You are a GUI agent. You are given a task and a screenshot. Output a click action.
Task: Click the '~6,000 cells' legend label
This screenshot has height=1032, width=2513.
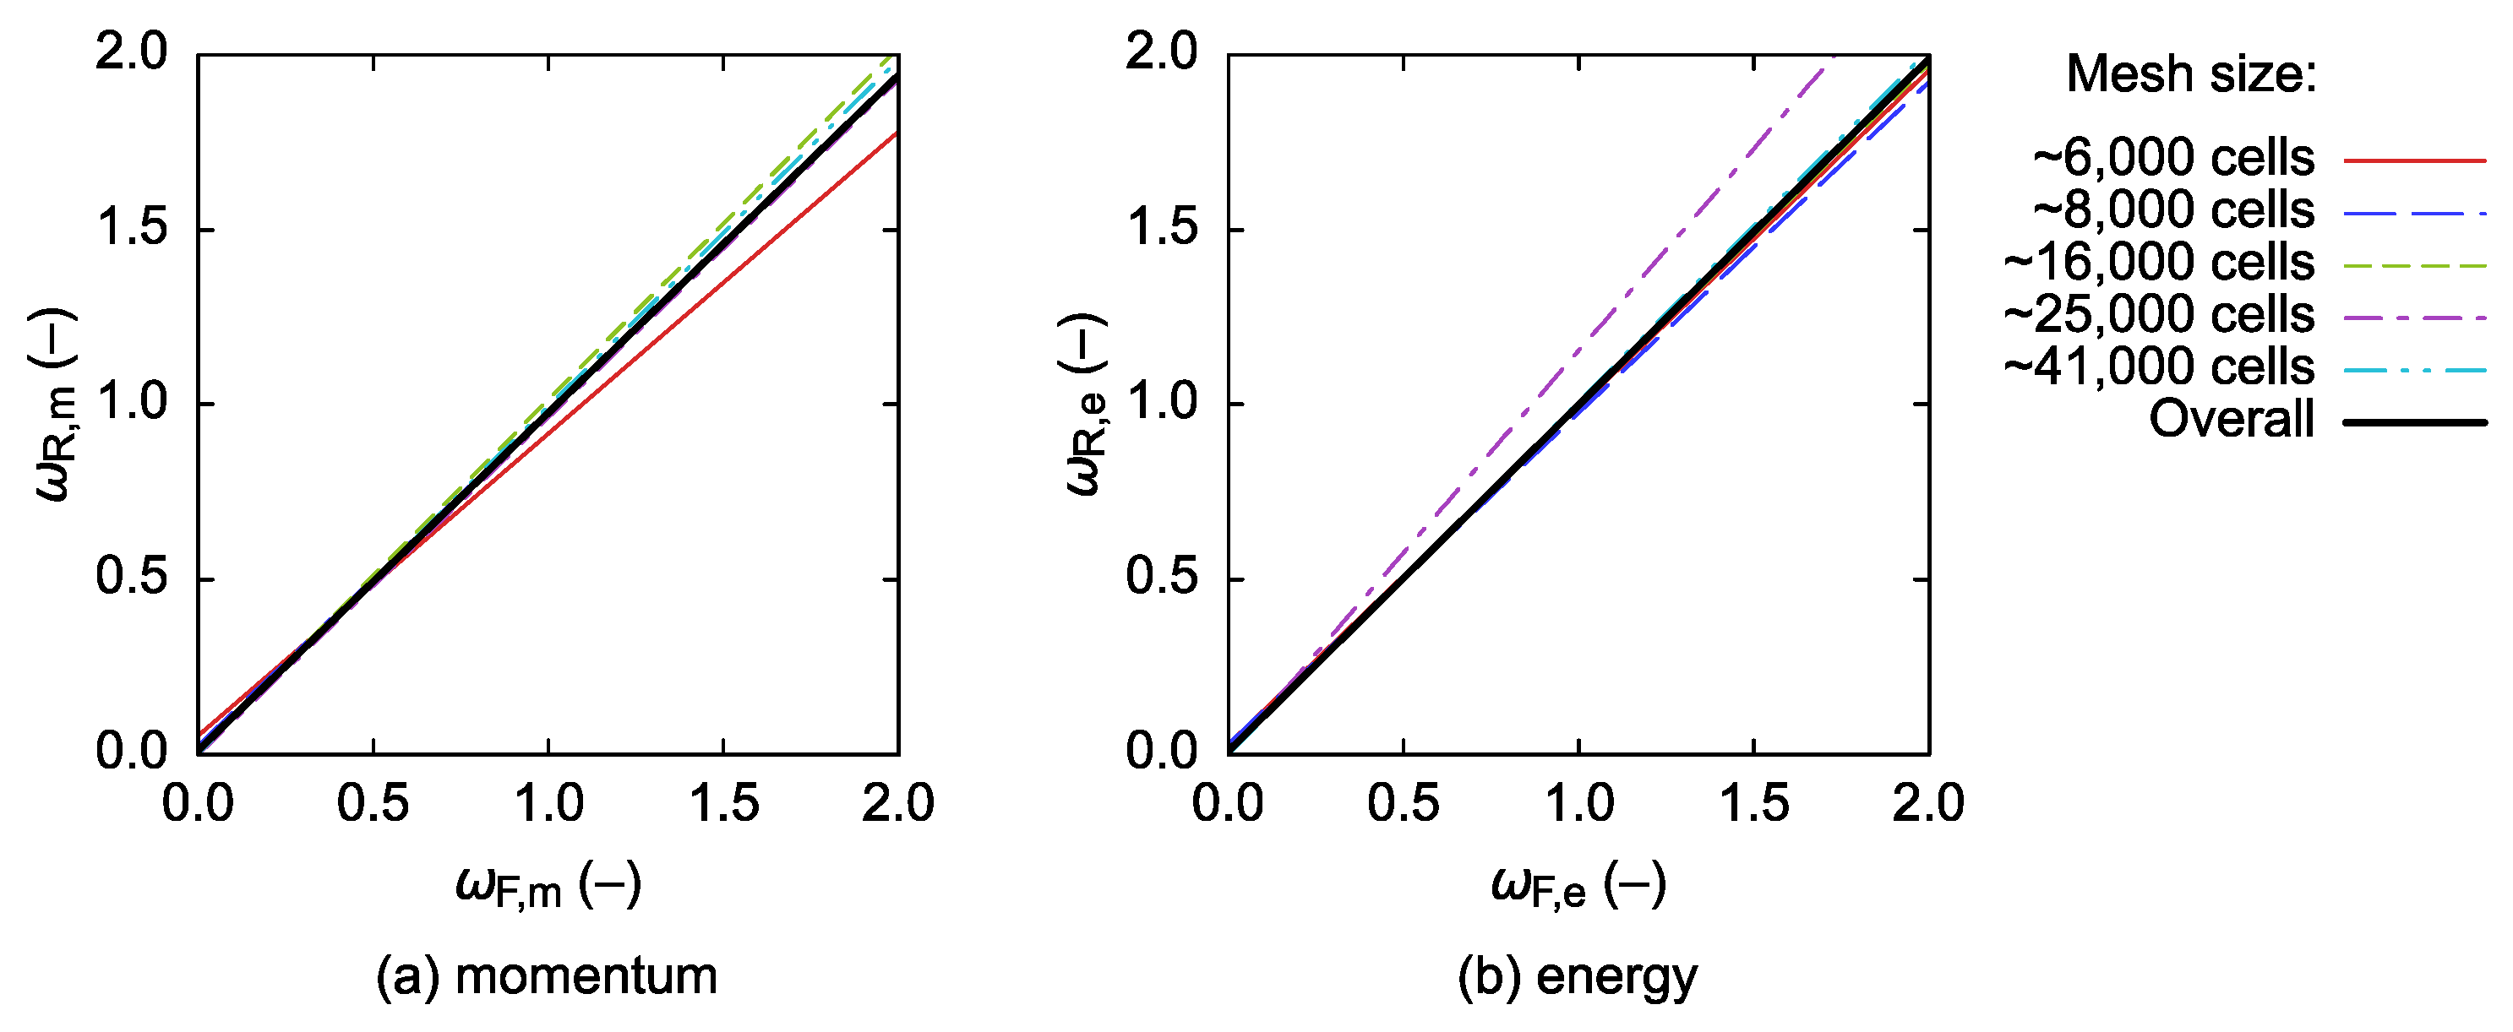pos(2173,157)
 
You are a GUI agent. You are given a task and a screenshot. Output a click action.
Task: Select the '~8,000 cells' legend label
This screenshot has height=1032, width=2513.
pos(2173,209)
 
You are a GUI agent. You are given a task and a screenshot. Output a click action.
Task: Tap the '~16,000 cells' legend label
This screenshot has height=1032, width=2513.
pos(2158,263)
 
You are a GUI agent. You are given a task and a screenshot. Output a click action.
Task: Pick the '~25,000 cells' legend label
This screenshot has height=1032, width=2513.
pos(2158,315)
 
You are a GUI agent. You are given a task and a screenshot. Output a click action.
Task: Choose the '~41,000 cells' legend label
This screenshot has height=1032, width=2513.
pos(2158,367)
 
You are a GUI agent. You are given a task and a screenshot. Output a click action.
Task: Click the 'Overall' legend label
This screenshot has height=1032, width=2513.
pos(2231,420)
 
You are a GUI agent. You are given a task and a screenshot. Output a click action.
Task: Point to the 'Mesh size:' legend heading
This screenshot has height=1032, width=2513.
pos(2191,74)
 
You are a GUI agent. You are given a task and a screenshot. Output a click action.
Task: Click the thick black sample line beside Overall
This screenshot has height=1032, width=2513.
pos(2414,422)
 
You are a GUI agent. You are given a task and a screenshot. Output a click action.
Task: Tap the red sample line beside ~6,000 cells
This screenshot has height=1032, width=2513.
pos(2414,159)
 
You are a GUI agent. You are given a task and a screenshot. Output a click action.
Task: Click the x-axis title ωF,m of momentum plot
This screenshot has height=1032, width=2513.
pos(548,886)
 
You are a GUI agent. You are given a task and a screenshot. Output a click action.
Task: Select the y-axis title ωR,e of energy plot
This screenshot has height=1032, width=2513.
pos(1086,404)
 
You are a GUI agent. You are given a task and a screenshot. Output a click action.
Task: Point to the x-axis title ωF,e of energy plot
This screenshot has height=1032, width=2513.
pos(1578,886)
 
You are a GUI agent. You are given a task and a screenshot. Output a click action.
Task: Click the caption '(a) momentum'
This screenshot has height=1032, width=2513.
pos(547,976)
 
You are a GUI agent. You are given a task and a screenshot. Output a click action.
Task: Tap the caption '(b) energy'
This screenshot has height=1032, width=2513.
pos(1578,976)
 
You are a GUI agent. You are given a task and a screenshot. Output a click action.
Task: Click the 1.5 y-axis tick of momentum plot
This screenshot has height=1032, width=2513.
pos(132,228)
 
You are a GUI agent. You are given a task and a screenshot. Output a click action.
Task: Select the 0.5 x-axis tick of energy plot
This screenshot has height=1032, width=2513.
pos(1403,804)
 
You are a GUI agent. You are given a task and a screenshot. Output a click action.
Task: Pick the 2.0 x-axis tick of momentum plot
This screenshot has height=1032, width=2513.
pos(897,804)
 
